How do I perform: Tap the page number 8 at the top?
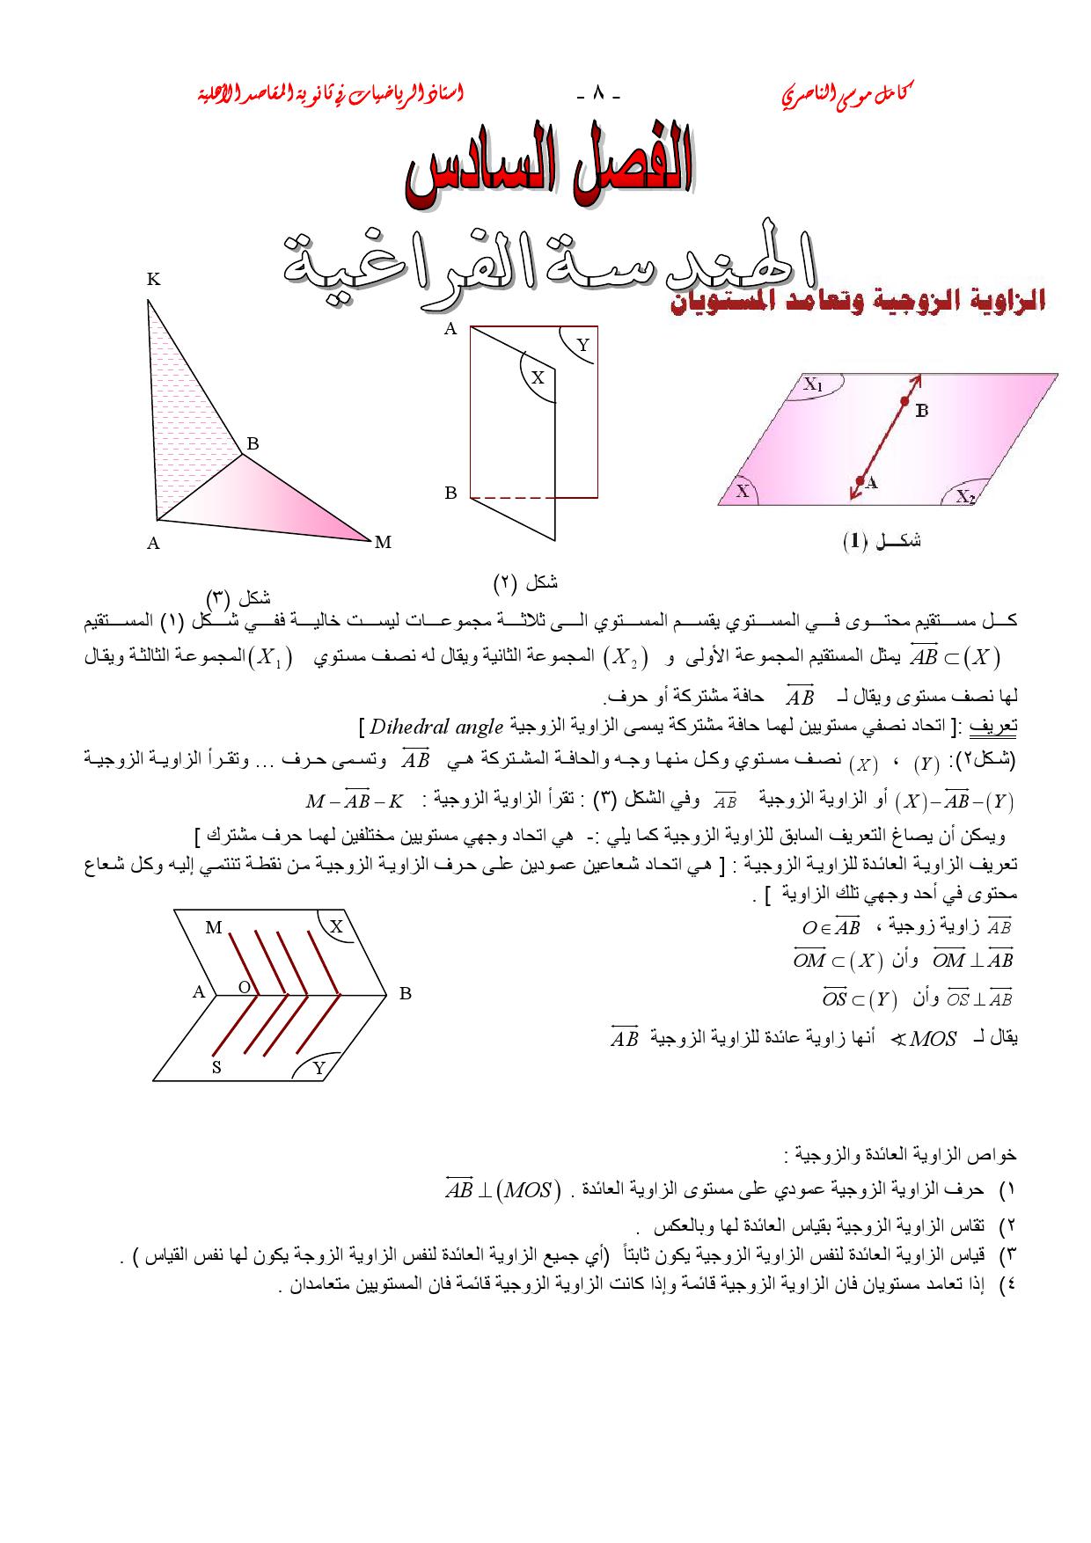(x=599, y=93)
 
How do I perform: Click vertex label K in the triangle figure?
(x=153, y=280)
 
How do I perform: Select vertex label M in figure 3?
(x=382, y=543)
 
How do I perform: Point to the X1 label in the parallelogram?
(x=813, y=384)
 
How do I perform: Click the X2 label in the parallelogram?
(x=966, y=497)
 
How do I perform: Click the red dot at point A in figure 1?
(x=859, y=480)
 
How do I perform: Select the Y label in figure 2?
(x=582, y=345)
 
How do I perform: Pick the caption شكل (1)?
(x=882, y=541)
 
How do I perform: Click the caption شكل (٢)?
(x=525, y=581)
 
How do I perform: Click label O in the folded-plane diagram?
(x=245, y=987)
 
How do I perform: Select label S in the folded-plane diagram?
(x=216, y=1068)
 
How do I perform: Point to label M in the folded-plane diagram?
(x=214, y=927)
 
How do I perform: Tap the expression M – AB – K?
(x=355, y=801)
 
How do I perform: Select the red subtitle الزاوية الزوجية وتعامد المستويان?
(x=858, y=303)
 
